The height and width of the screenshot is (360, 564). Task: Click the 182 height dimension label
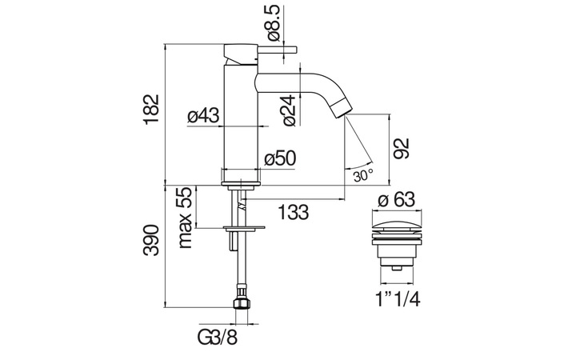tap(151, 110)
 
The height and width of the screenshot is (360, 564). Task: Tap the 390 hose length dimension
tap(151, 240)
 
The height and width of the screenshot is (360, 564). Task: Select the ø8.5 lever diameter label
tap(274, 22)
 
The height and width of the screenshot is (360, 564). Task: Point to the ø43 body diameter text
tap(203, 116)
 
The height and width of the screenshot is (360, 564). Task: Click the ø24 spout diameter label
tap(290, 110)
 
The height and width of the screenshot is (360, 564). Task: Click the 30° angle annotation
tap(363, 176)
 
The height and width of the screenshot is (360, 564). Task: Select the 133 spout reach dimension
tap(294, 212)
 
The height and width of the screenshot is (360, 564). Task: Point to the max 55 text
tap(186, 218)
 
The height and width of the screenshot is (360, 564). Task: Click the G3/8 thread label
tap(218, 338)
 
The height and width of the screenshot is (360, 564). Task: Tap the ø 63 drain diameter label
tap(396, 200)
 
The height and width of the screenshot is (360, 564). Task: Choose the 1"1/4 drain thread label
tap(398, 299)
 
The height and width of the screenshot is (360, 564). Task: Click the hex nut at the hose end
tap(241, 303)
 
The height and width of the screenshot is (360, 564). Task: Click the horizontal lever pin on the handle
tap(277, 49)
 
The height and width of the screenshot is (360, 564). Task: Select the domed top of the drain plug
tap(396, 226)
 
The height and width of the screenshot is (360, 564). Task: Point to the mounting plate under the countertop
tap(244, 228)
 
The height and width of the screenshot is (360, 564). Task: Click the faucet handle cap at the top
tap(240, 54)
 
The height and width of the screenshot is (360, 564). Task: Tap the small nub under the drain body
tap(396, 268)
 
